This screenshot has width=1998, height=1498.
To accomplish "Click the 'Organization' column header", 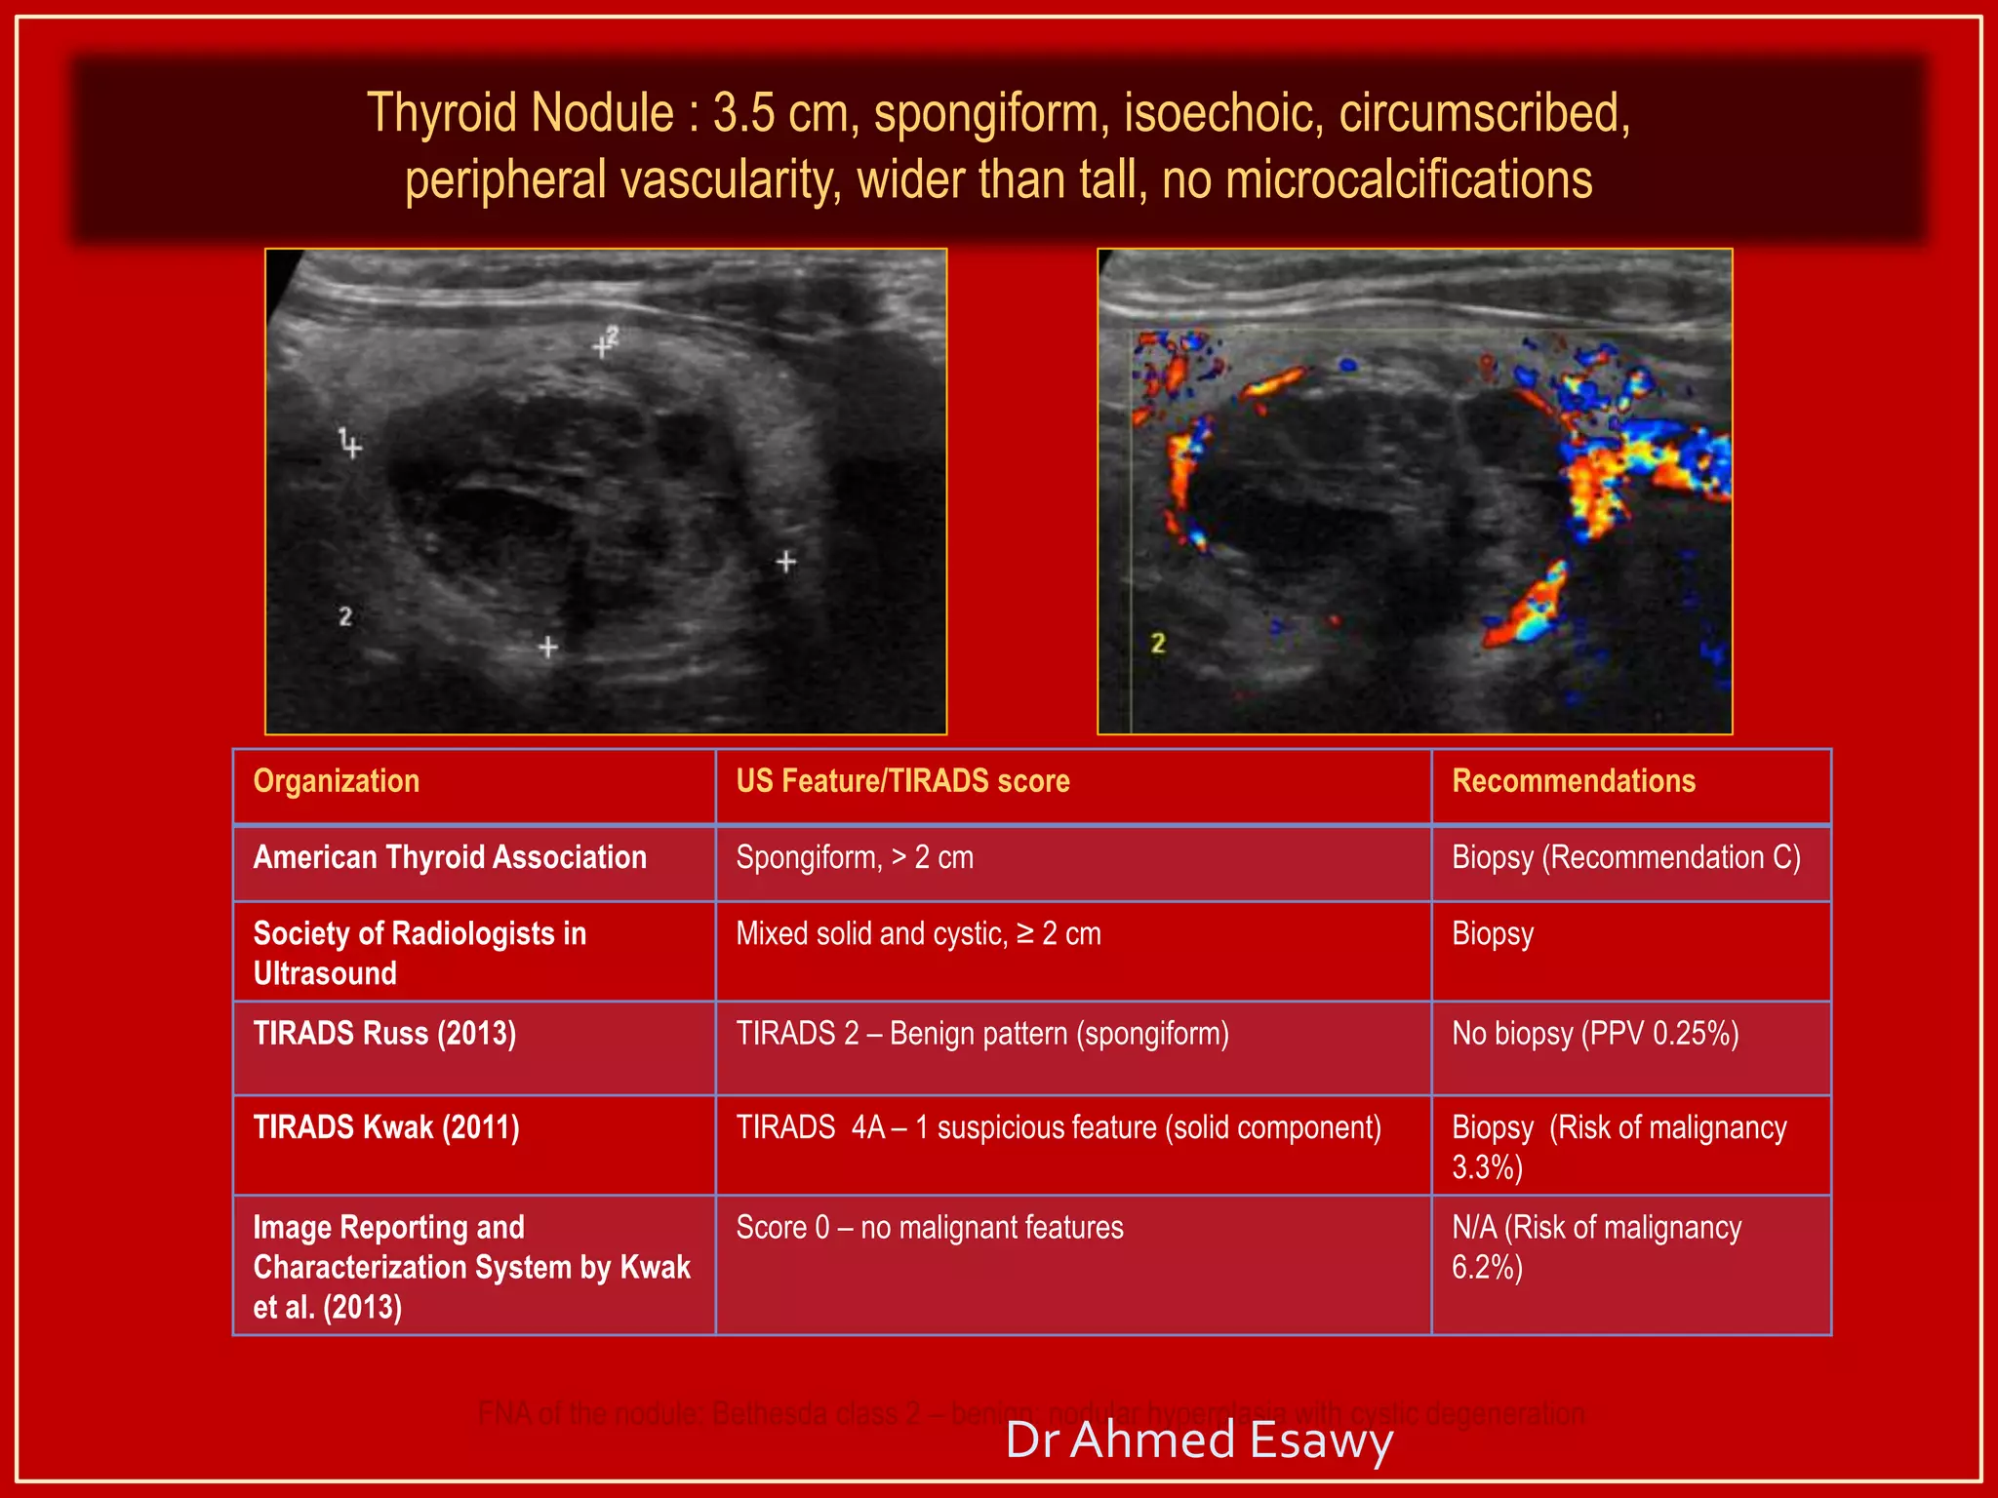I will click(337, 781).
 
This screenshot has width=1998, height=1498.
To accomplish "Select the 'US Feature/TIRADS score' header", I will click(902, 781).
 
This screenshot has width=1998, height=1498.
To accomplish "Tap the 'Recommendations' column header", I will click(1573, 781).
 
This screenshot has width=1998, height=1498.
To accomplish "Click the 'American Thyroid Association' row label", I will click(450, 857).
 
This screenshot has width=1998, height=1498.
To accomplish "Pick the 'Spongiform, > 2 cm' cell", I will click(855, 857).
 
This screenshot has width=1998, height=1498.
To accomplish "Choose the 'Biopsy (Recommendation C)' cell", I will click(1625, 857).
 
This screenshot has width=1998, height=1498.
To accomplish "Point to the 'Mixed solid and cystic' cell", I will click(918, 933).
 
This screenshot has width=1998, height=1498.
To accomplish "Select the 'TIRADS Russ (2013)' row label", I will click(384, 1033).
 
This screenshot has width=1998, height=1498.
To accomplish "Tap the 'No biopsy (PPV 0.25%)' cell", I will click(1595, 1033).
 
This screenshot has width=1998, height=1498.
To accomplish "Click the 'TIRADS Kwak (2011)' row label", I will click(386, 1127).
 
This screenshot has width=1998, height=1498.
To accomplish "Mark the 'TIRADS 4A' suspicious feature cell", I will click(1059, 1127).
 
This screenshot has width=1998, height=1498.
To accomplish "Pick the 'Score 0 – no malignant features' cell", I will click(930, 1227).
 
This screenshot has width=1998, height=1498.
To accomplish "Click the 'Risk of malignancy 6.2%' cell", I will click(1596, 1246).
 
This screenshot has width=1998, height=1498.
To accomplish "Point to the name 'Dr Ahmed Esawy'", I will click(1198, 1440).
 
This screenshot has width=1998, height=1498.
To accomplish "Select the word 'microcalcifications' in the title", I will click(1408, 180).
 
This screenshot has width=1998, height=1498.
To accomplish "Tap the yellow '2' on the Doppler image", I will click(1158, 644).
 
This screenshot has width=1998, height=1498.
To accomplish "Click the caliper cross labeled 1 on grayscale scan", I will click(353, 449).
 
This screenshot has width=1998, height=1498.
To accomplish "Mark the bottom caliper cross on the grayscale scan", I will click(548, 647).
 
